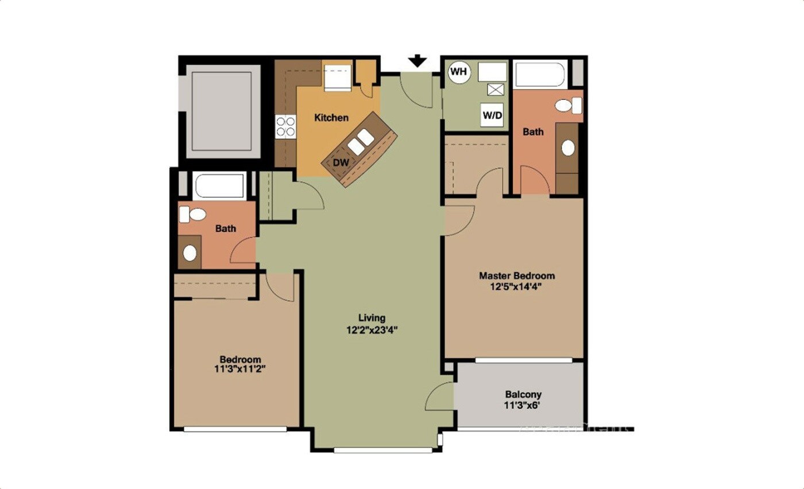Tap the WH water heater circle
point(459,72)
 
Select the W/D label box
point(492,115)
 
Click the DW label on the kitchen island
point(341,162)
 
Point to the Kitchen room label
point(331,118)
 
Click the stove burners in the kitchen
point(285,126)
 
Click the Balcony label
point(523,395)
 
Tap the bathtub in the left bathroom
point(220,185)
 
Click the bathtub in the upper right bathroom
point(540,75)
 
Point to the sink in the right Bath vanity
point(568,148)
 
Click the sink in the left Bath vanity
point(190,253)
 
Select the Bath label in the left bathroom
point(226,228)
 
